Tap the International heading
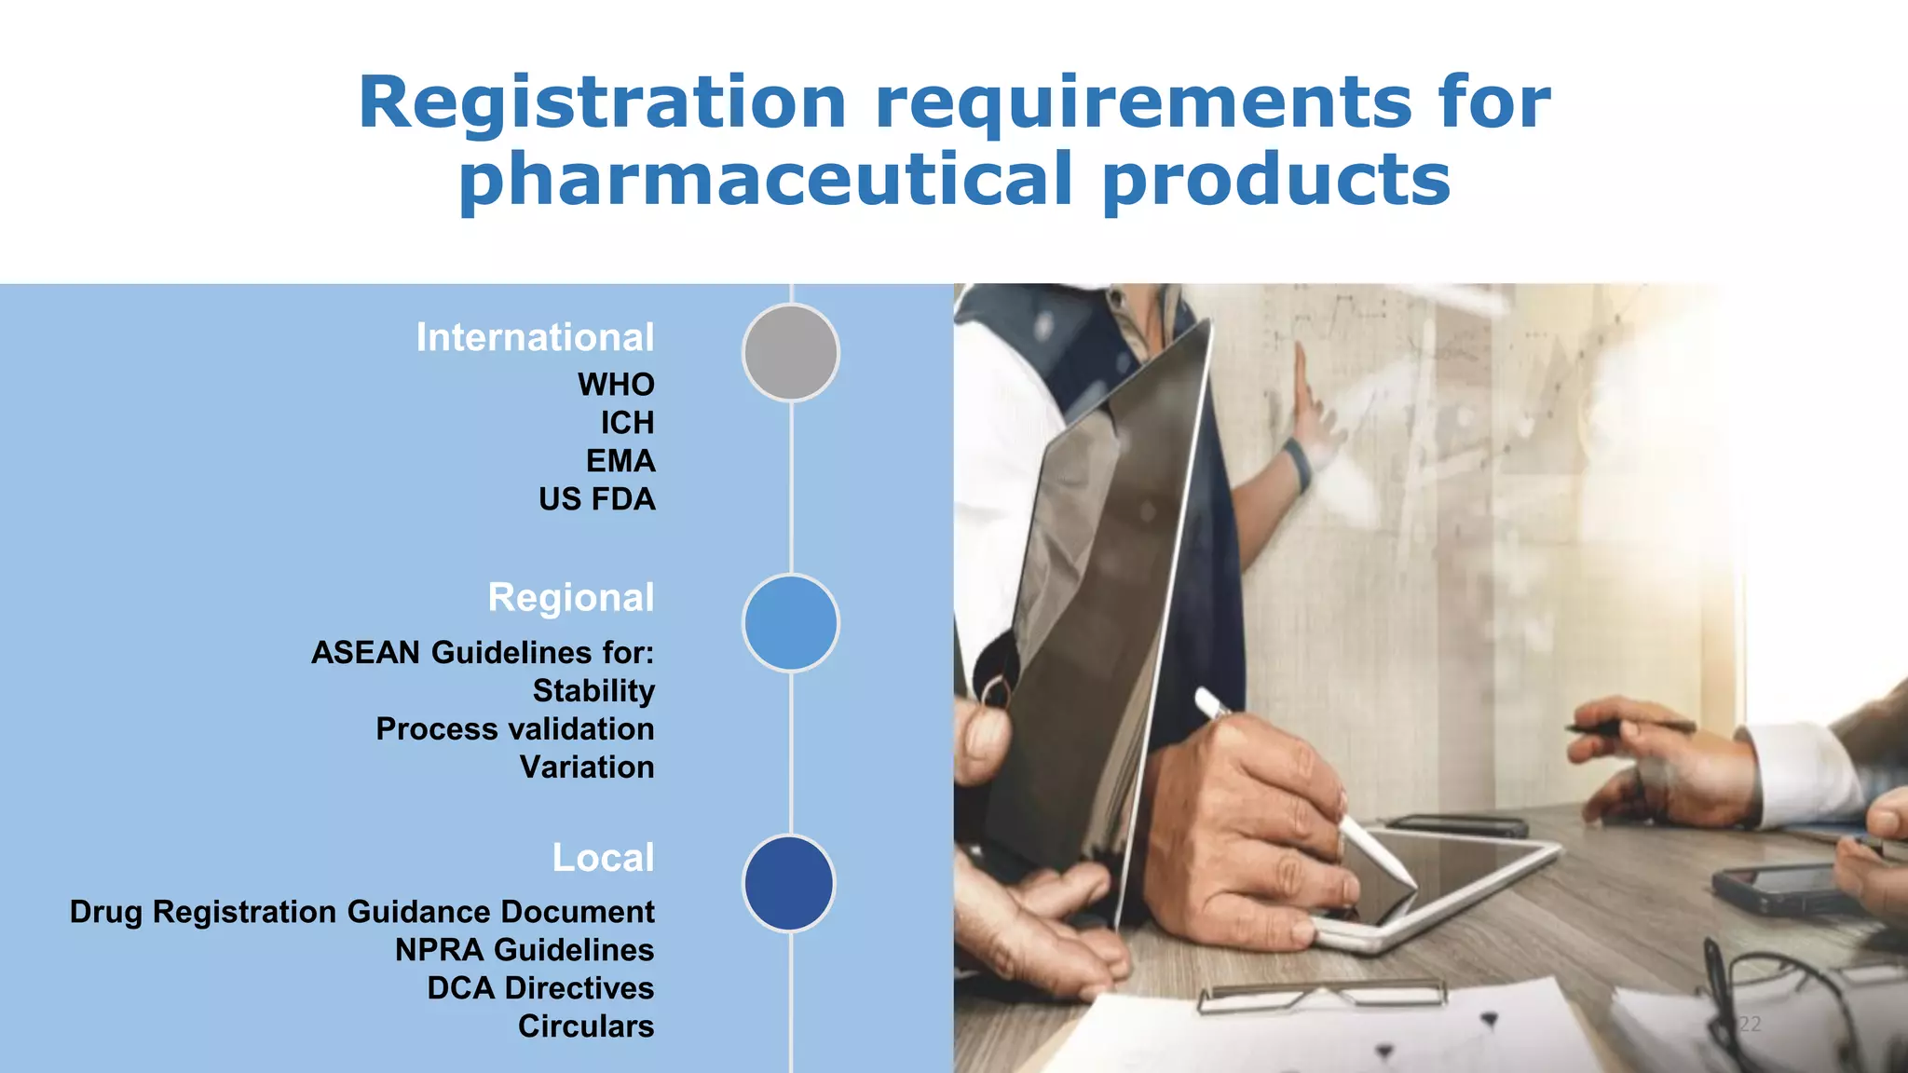coord(535,337)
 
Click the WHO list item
coord(616,385)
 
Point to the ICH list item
coord(627,423)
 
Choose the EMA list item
coord(620,461)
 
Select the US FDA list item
coord(596,499)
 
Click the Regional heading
coord(570,598)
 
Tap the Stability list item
coord(593,691)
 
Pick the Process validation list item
coord(514,729)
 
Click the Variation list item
coord(587,767)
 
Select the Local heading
coord(603,858)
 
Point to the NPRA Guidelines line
coord(525,950)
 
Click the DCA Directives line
coord(540,988)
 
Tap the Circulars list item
coord(586,1026)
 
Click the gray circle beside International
coord(791,353)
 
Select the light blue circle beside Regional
coord(791,623)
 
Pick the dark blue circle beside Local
coord(789,883)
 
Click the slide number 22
coord(1750,1025)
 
